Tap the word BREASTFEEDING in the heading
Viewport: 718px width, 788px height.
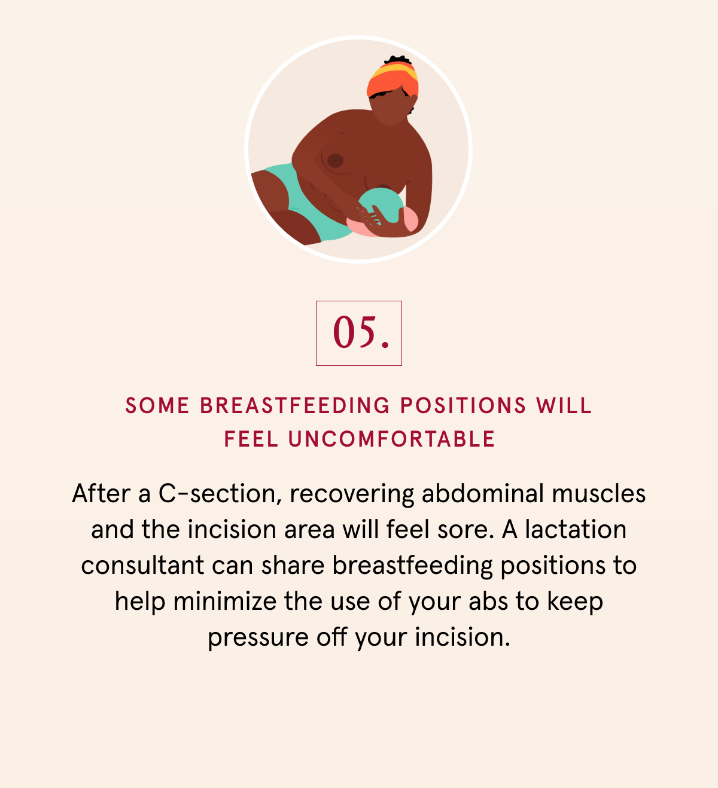295,405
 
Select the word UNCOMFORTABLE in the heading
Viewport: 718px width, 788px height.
391,439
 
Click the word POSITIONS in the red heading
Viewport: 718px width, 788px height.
463,405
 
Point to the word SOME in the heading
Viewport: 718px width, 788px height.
157,405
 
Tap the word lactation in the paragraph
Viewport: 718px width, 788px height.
576,529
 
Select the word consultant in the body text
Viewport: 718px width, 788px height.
142,565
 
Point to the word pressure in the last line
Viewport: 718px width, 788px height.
258,638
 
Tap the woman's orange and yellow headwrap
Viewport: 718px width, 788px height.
392,78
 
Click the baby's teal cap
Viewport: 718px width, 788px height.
380,204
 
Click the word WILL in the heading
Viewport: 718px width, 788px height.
564,405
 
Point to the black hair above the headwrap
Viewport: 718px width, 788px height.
398,60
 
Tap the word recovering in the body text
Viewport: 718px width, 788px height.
352,494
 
